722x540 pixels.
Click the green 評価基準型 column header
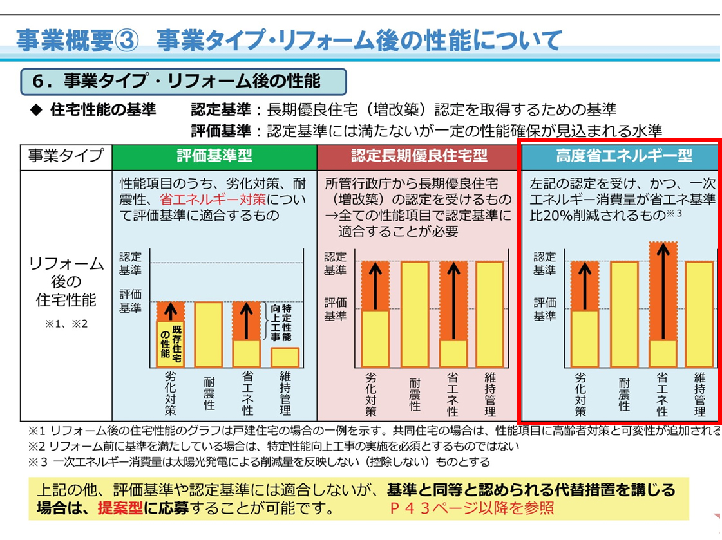click(x=214, y=156)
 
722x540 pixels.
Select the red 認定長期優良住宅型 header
click(x=419, y=156)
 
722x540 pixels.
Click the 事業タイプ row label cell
click(x=66, y=156)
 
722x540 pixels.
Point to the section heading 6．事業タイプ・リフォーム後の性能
click(x=184, y=82)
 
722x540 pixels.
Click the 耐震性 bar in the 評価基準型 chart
click(x=209, y=334)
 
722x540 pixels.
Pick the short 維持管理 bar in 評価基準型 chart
click(x=285, y=357)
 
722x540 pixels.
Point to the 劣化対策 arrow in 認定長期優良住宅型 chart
click(x=374, y=286)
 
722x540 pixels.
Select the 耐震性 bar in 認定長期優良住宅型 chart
click(x=415, y=313)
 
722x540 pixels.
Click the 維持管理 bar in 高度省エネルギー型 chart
click(x=699, y=313)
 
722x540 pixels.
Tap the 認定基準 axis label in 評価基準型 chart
click(x=130, y=263)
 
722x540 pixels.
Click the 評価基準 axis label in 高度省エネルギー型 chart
click(x=544, y=309)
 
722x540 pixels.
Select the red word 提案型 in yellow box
click(x=120, y=508)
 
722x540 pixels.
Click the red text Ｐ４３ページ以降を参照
click(x=472, y=508)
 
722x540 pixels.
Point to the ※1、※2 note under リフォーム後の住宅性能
click(x=66, y=324)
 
